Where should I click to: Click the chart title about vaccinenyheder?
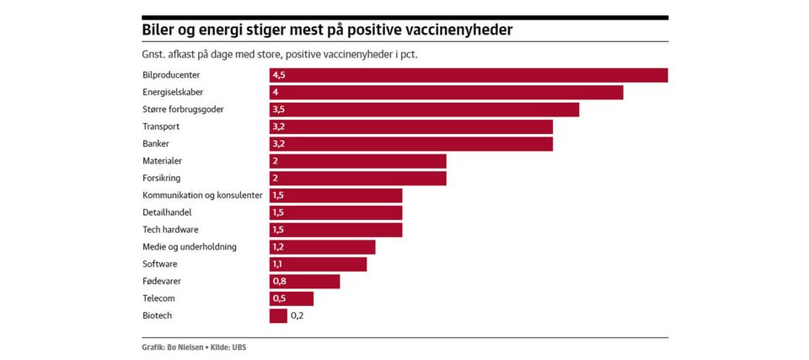[x=327, y=30]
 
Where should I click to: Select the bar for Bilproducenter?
[x=469, y=75]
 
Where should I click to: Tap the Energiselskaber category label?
[x=172, y=92]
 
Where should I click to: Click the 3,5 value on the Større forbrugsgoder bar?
[x=279, y=110]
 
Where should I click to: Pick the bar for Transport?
[x=411, y=126]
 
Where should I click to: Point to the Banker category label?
[x=156, y=143]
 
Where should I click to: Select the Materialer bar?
[x=358, y=161]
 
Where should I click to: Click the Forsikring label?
[x=162, y=178]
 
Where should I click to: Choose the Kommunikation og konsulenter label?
[x=202, y=196]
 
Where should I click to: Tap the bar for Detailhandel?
[x=335, y=212]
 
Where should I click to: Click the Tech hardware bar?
[x=335, y=229]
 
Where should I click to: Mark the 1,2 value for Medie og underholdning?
[x=279, y=247]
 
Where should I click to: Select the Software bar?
[x=319, y=264]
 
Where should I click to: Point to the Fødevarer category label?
[x=162, y=281]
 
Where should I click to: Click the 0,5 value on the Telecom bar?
[x=279, y=298]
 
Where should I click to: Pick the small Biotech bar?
[x=278, y=315]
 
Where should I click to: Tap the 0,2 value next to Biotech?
[x=297, y=315]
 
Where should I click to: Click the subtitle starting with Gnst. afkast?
[x=281, y=55]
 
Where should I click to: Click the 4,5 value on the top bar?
[x=279, y=75]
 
